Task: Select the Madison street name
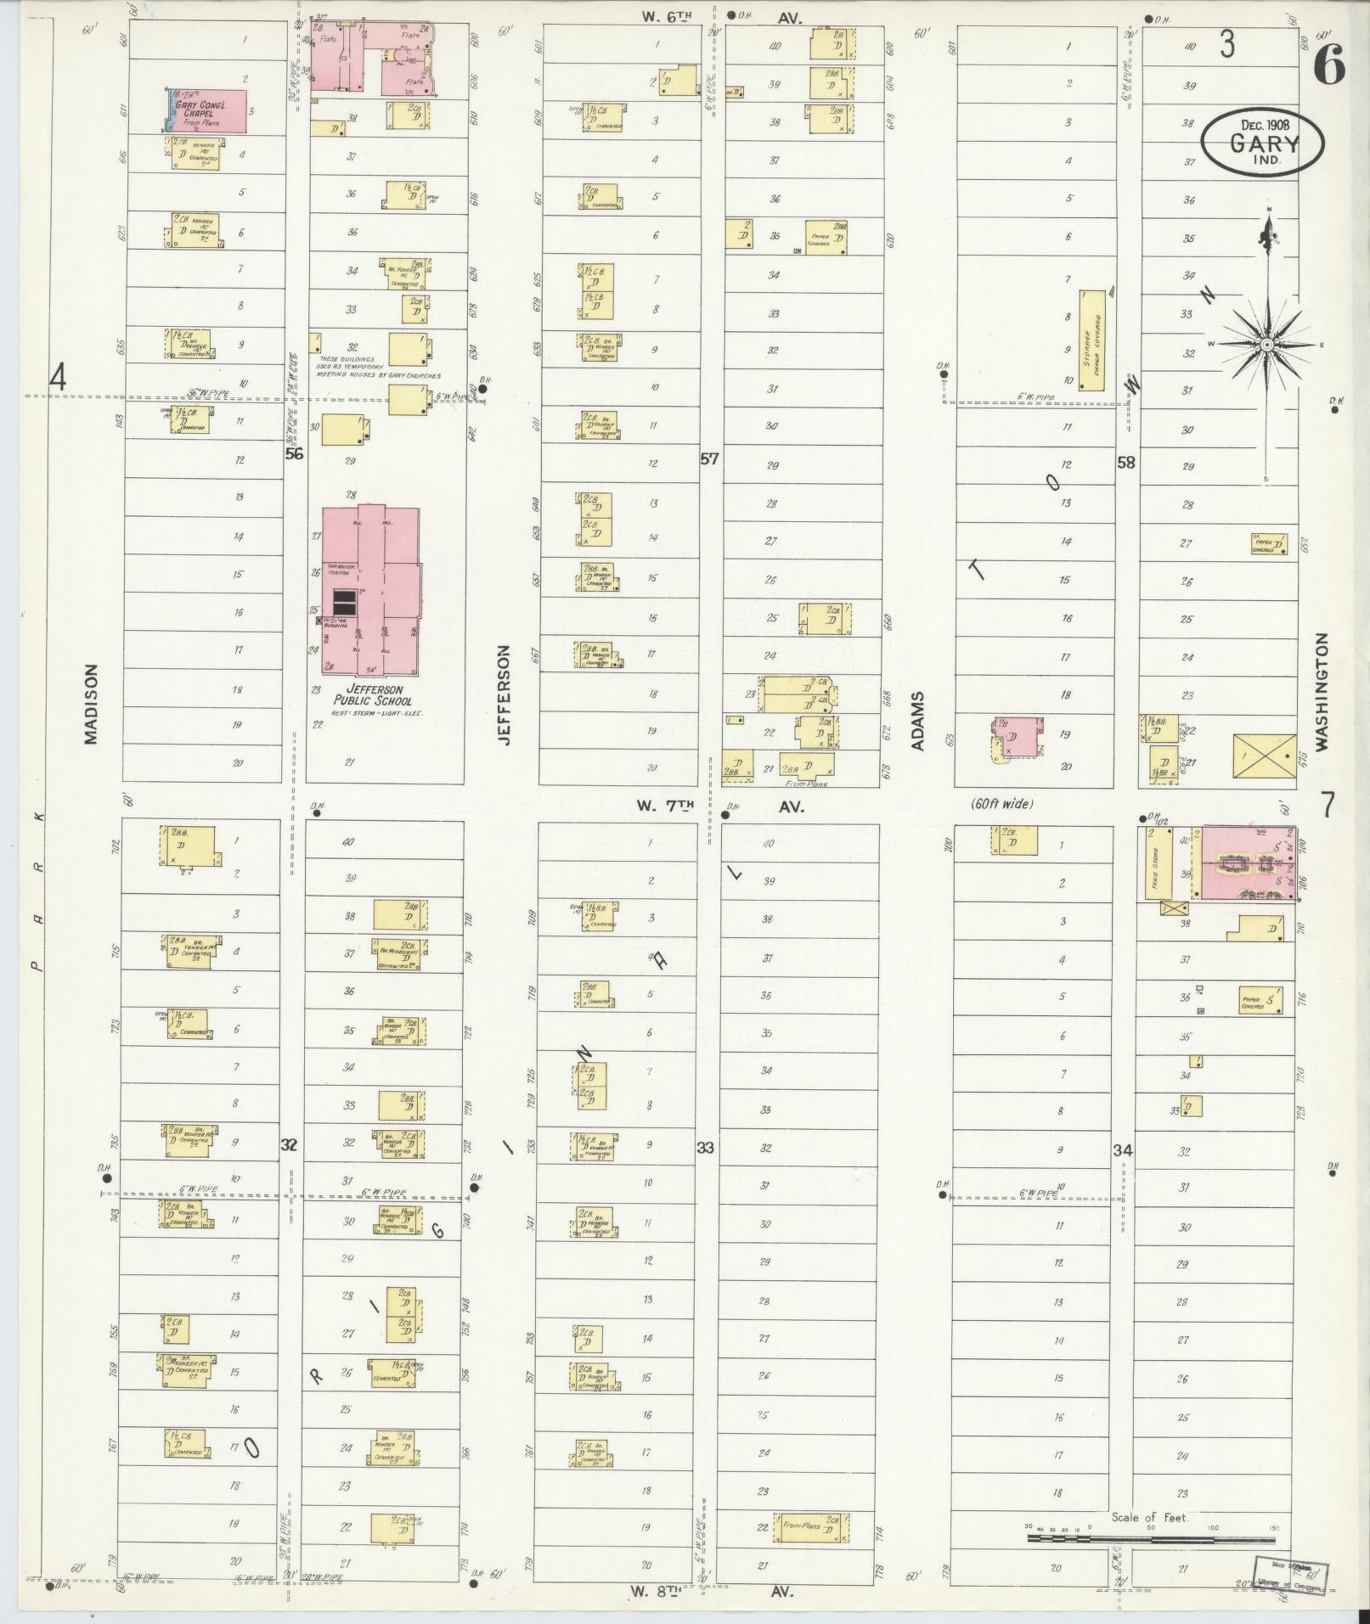click(92, 705)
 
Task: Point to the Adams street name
click(917, 722)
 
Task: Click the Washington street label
click(1322, 692)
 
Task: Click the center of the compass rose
click(1266, 345)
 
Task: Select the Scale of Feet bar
click(1151, 943)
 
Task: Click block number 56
click(294, 454)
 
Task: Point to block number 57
click(709, 459)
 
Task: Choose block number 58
click(1125, 463)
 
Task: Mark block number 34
click(1123, 1150)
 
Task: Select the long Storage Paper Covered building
click(1092, 340)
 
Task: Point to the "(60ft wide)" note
click(1002, 803)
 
